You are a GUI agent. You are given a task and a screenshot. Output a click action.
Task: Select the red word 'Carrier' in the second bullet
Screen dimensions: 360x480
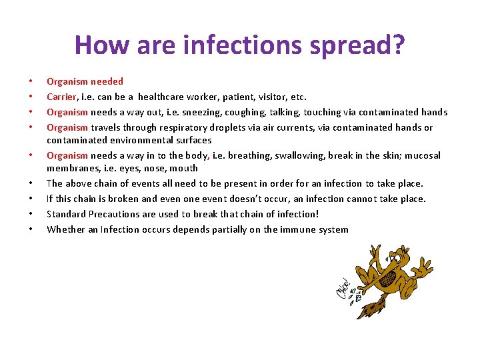[x=61, y=97]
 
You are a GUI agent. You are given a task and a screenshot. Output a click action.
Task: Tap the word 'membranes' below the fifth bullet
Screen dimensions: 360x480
[x=70, y=168]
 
